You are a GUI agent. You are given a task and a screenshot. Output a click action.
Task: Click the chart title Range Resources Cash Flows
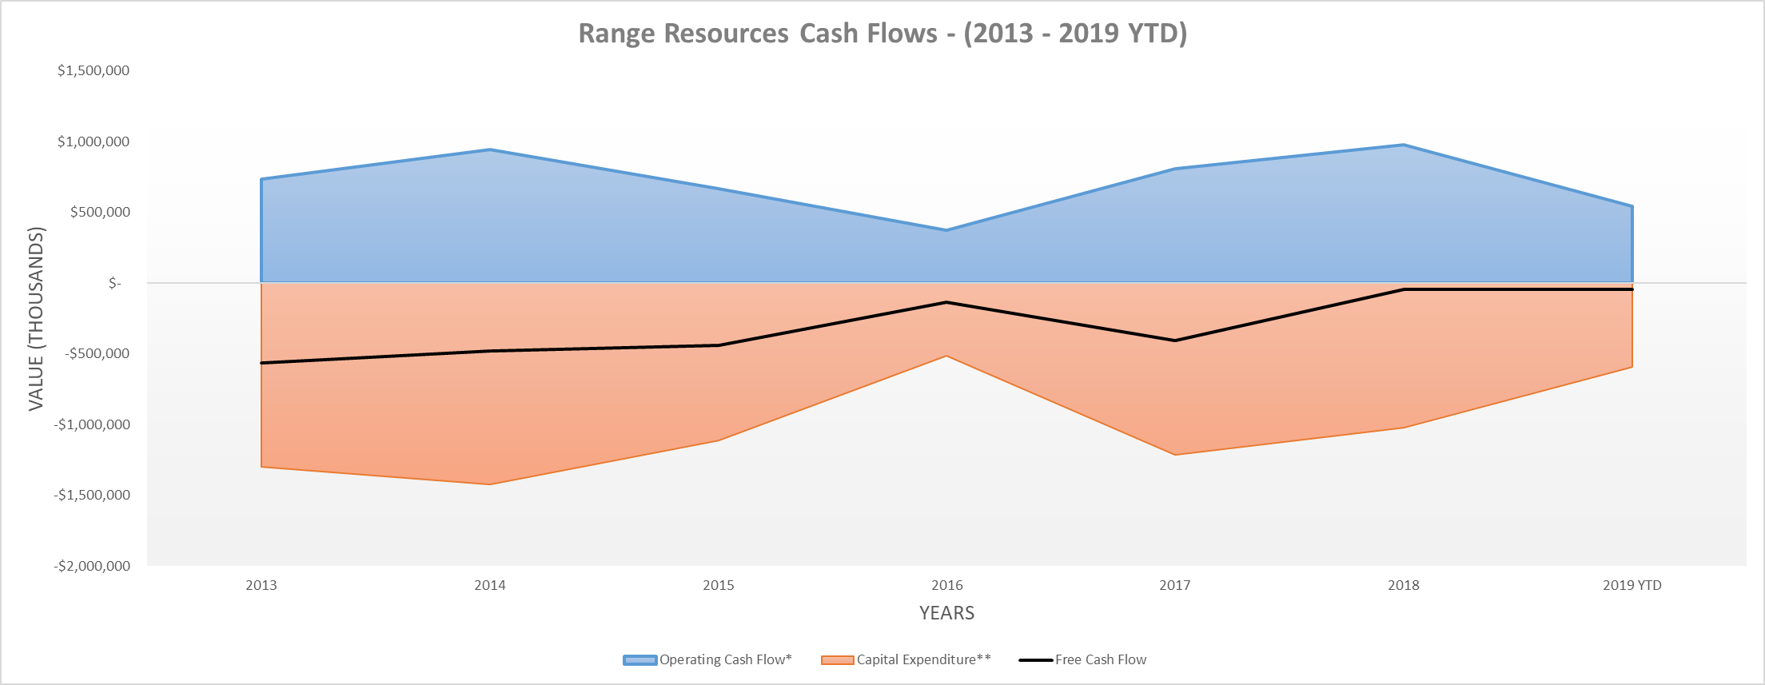tap(882, 34)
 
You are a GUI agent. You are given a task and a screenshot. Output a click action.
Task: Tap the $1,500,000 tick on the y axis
tap(94, 70)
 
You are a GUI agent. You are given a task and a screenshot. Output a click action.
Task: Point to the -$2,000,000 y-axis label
tap(93, 566)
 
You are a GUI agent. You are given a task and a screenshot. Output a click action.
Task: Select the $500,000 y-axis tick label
tap(100, 212)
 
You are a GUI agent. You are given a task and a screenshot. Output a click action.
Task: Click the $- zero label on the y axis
tap(115, 283)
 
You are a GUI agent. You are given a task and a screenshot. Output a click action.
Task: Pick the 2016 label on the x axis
tap(946, 585)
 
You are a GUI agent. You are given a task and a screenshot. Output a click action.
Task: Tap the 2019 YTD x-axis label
tap(1632, 585)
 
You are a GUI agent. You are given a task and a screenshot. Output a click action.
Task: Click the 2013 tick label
tap(261, 585)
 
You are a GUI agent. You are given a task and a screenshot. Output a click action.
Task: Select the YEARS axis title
tap(946, 613)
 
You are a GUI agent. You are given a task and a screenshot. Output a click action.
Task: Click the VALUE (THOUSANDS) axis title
tap(37, 319)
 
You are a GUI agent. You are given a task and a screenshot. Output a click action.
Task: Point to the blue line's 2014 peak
tap(490, 149)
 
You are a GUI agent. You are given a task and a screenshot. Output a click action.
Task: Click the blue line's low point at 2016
tap(946, 230)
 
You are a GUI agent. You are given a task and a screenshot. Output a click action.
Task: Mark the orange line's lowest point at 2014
tap(490, 484)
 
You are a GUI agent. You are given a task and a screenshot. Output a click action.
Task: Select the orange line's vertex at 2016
tap(946, 356)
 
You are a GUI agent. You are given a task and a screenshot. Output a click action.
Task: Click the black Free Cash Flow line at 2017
tap(1175, 341)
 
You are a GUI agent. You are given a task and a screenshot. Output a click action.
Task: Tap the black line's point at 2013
tap(262, 363)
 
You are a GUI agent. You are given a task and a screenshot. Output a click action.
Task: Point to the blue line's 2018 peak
tap(1404, 145)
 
